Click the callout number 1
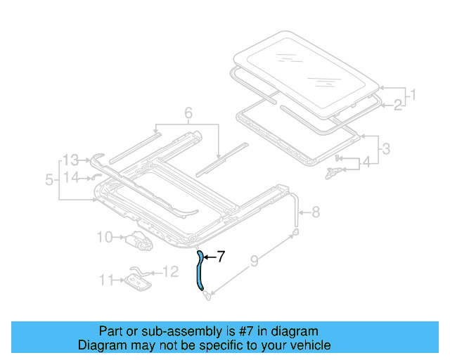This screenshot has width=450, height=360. pyautogui.click(x=413, y=94)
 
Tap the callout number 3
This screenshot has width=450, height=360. pyautogui.click(x=386, y=148)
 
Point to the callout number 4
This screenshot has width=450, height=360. pyautogui.click(x=366, y=164)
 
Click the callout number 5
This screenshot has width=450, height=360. pyautogui.click(x=49, y=179)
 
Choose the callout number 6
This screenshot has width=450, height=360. pyautogui.click(x=188, y=112)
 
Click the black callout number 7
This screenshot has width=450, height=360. pyautogui.click(x=220, y=257)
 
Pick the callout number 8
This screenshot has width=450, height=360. pyautogui.click(x=315, y=210)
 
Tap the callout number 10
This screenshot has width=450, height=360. pyautogui.click(x=104, y=237)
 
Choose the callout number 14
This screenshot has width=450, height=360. pyautogui.click(x=71, y=177)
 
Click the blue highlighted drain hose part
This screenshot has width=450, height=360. pyautogui.click(x=202, y=271)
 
